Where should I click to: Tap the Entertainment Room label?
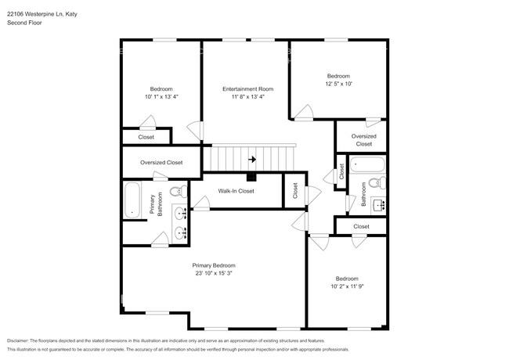(x=247, y=89)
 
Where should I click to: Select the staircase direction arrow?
(x=251, y=160)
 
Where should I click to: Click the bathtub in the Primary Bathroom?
(x=132, y=201)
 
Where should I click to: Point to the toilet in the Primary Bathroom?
(x=179, y=191)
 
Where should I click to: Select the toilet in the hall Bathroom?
(x=376, y=184)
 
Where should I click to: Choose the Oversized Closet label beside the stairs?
(x=161, y=163)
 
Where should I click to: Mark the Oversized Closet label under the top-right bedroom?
(x=364, y=140)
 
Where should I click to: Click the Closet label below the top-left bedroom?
(x=146, y=137)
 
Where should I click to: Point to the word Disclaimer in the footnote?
(x=17, y=341)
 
